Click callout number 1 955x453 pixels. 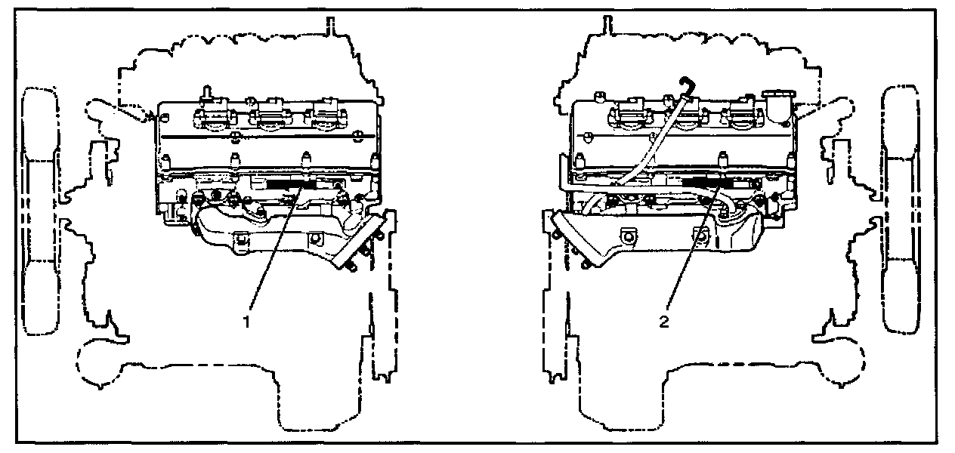coord(246,320)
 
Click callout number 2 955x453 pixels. coord(664,321)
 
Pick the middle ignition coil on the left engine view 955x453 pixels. coord(270,114)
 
